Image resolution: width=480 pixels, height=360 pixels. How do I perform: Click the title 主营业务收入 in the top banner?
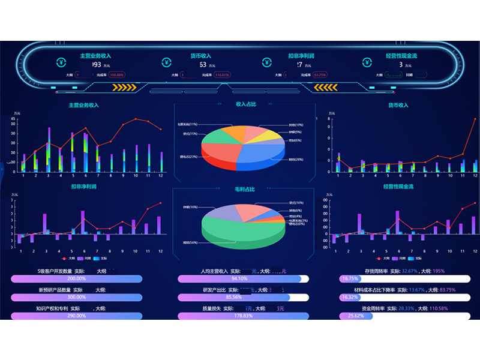tap(95, 56)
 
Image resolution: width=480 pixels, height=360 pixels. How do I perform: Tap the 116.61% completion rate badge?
tap(222, 75)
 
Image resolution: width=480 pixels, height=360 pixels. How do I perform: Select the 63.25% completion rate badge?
tap(320, 75)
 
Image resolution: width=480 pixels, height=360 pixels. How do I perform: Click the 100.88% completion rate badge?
tap(116, 75)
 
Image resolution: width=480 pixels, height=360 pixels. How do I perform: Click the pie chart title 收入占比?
tap(246, 104)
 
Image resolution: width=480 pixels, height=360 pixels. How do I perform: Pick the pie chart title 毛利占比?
tap(245, 189)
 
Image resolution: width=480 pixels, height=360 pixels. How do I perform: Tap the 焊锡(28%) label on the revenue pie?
tap(295, 160)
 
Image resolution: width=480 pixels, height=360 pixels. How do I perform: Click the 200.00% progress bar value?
tap(76, 279)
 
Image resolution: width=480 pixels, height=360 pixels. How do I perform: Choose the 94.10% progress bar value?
tap(239, 279)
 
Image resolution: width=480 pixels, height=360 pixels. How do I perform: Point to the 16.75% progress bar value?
tap(349, 279)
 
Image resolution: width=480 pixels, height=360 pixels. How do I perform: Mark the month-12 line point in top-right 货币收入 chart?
tap(475, 119)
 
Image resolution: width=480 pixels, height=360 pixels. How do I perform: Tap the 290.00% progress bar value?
tap(76, 316)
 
